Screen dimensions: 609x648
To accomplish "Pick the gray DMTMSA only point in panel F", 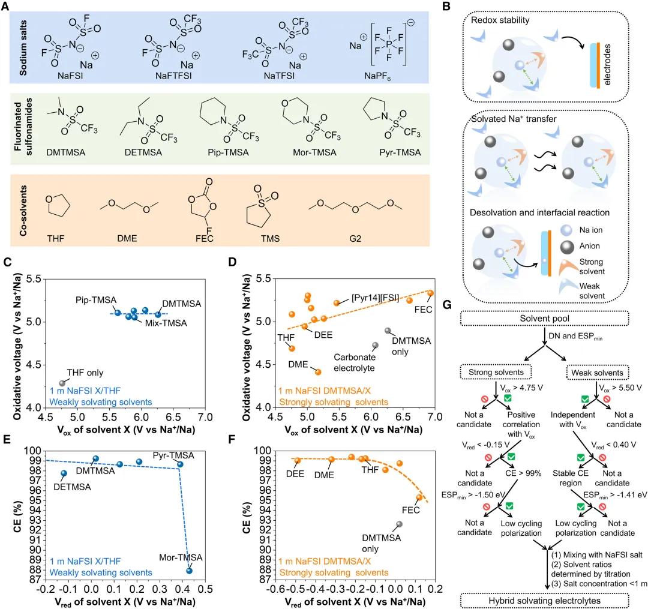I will [399, 524].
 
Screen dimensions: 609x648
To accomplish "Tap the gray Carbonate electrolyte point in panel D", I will [376, 345].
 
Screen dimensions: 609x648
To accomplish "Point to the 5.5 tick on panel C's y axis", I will [34, 280].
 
